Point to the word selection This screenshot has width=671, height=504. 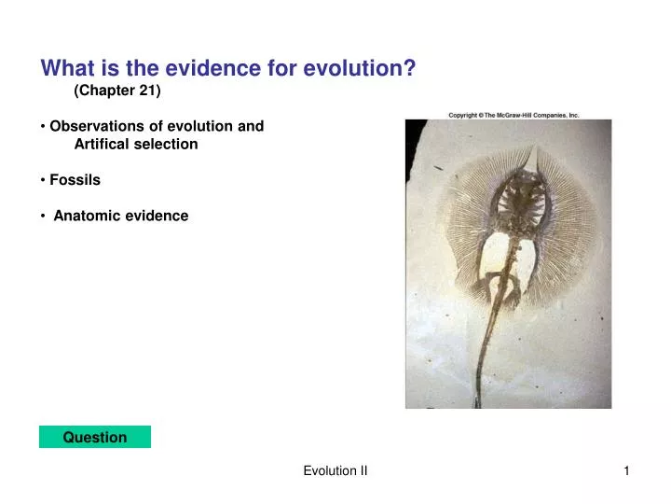(168, 145)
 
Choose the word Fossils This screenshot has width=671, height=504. (75, 180)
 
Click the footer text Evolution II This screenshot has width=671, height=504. (335, 472)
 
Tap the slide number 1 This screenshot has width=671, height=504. (627, 472)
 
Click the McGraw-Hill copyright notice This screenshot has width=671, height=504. (514, 115)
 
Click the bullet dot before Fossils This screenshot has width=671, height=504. (44, 180)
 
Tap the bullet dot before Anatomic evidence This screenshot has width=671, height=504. (44, 216)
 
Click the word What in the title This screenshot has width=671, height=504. (62, 68)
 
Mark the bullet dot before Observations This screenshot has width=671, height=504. (44, 126)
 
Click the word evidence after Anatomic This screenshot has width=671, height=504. (158, 216)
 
